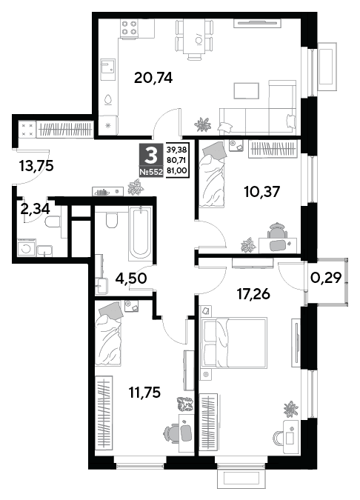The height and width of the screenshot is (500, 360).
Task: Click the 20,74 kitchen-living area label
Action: tap(153, 78)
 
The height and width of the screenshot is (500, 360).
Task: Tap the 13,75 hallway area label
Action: tap(36, 166)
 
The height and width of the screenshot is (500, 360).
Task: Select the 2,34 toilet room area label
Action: tap(35, 209)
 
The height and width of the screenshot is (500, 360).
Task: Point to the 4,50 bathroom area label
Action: tap(131, 279)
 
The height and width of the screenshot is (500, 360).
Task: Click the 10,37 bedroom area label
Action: tap(261, 192)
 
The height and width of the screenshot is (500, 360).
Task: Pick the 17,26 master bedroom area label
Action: tap(253, 294)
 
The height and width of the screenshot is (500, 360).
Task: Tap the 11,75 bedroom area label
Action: tap(144, 392)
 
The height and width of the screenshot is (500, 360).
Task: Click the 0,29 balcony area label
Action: tap(326, 278)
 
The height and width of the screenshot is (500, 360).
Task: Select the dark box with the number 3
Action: tap(151, 156)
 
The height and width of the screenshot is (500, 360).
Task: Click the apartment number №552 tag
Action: tap(151, 173)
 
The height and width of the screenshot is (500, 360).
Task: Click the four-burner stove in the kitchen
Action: tap(130, 27)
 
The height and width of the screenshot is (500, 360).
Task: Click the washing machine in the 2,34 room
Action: tap(27, 247)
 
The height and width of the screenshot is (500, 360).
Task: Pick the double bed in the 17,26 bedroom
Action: tap(233, 343)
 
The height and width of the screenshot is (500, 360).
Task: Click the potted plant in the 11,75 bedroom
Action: tap(185, 404)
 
